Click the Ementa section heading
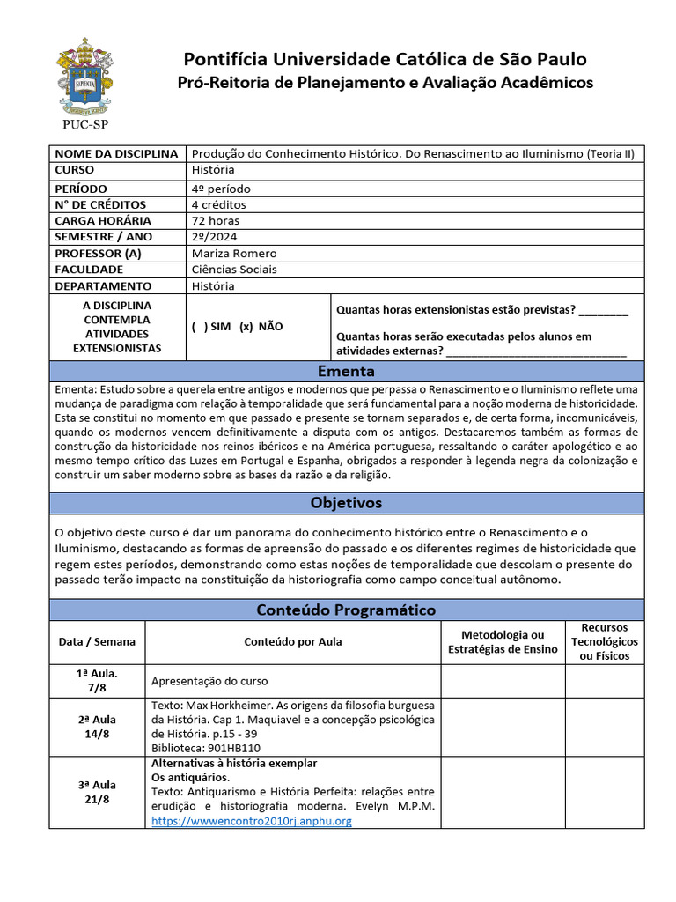coord(346,371)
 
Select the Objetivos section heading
coord(346,503)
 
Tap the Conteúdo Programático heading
coord(346,610)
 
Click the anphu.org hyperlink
coord(252,821)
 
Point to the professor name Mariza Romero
coord(233,254)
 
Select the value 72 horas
coord(216,220)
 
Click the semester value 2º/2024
coord(215,237)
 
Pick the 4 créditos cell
coord(219,204)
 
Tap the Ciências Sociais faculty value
coord(234,270)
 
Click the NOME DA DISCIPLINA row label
coord(116,154)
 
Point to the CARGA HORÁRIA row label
coord(103,220)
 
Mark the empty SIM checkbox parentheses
coord(200,326)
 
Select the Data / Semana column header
coord(97,641)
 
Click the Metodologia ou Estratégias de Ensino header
coord(503,641)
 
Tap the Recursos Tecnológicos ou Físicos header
coord(604,641)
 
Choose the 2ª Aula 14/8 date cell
coord(97,726)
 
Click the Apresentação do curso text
coord(209,681)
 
